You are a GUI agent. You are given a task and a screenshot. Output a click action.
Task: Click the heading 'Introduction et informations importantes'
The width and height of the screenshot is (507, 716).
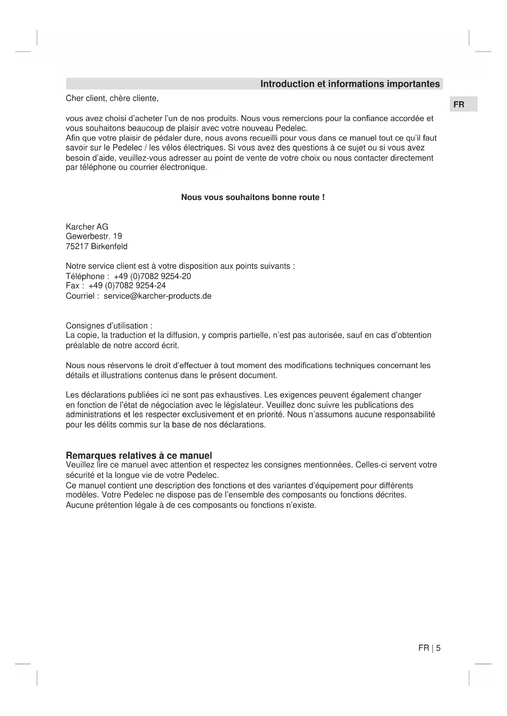350,84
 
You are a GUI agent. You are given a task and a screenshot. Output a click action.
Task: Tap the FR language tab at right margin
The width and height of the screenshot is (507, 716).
459,105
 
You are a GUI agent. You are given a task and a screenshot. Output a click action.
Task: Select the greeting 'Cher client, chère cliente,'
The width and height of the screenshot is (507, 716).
112,98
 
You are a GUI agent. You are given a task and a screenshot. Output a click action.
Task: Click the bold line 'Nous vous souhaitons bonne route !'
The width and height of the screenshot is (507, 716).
253,198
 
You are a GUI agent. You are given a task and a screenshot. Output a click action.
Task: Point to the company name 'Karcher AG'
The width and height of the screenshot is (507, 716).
87,227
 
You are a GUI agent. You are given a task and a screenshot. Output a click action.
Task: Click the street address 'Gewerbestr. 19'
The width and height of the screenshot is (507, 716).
94,236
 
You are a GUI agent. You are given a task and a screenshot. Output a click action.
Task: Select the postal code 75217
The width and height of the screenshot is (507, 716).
77,247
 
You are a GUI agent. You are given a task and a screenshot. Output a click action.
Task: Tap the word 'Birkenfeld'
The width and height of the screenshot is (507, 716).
109,247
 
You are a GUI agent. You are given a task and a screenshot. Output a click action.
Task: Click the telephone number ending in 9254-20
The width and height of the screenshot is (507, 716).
152,276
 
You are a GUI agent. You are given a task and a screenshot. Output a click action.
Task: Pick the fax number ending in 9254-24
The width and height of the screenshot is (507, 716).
127,286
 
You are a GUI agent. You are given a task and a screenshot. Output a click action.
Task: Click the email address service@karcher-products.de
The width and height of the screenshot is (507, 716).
157,296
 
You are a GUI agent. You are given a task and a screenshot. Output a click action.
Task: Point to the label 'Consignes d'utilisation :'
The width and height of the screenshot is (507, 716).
109,326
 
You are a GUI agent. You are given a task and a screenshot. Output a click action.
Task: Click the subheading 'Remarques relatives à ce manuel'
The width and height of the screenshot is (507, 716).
139,456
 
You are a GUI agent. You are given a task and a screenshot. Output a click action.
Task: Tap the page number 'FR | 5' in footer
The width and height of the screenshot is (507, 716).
429,648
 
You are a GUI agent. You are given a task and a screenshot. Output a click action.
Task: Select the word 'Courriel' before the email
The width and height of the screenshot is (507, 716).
80,296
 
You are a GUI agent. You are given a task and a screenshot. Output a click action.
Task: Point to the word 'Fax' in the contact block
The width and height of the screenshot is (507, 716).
72,286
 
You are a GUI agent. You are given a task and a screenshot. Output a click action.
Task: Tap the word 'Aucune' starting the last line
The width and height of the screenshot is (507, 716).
78,505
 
